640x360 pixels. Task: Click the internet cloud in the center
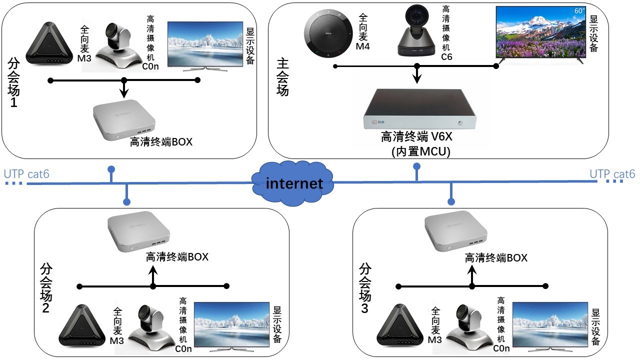pos(292,183)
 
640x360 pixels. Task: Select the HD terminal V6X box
pos(419,109)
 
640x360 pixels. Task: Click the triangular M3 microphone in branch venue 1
pos(49,43)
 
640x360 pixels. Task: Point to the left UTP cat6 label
pos(26,174)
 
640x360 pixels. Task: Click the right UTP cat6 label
pos(612,174)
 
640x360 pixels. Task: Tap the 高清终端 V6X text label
pos(417,136)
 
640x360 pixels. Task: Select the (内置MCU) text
pos(421,151)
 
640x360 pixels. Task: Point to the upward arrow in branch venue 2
pos(153,276)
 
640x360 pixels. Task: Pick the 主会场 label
pos(282,77)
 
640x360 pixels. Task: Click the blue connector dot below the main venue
pos(417,166)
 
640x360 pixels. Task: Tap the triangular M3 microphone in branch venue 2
pos(82,325)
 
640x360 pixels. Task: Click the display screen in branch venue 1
pos(205,45)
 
